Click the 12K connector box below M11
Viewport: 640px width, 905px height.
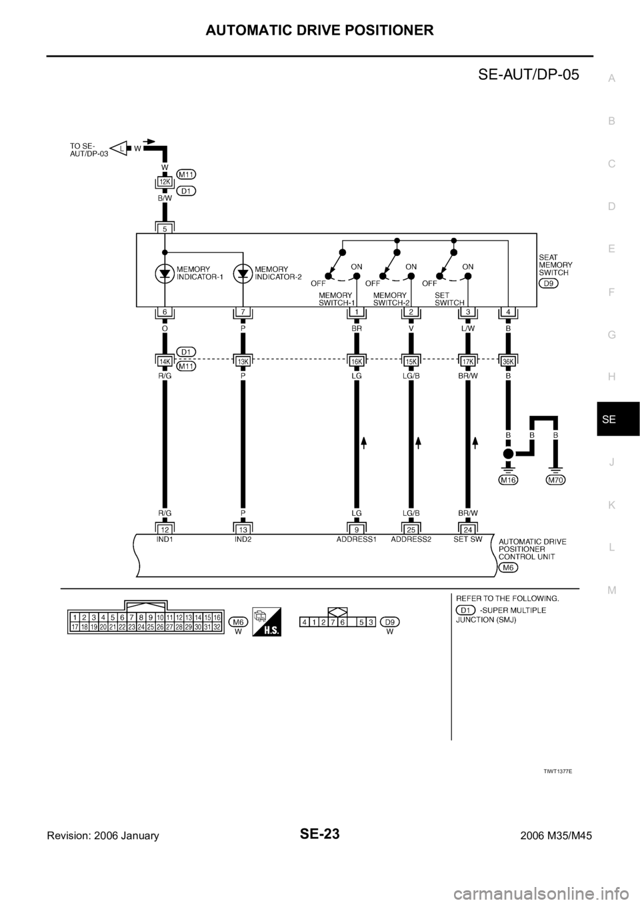pyautogui.click(x=165, y=181)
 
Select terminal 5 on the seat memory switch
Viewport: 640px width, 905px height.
pyautogui.click(x=165, y=227)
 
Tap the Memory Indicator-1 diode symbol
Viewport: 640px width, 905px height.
pyautogui.click(x=165, y=273)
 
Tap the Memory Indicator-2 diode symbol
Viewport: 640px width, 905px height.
pyautogui.click(x=243, y=273)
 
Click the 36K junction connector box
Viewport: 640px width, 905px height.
pyautogui.click(x=509, y=361)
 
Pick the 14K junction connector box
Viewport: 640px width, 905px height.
pyautogui.click(x=165, y=361)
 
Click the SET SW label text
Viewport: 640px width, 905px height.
pyautogui.click(x=467, y=540)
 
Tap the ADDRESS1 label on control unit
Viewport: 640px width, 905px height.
pyautogui.click(x=356, y=540)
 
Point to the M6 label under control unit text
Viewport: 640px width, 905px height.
pyautogui.click(x=508, y=567)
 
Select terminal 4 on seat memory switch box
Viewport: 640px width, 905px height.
pyautogui.click(x=509, y=312)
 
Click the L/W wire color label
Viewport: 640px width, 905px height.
pyautogui.click(x=467, y=328)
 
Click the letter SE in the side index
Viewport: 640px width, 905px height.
pyautogui.click(x=611, y=420)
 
